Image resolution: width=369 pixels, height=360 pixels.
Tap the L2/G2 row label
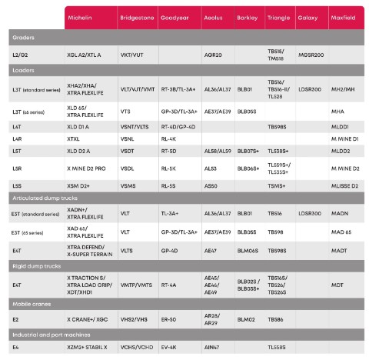click(21, 55)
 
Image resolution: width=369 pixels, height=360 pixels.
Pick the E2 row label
click(15, 318)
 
